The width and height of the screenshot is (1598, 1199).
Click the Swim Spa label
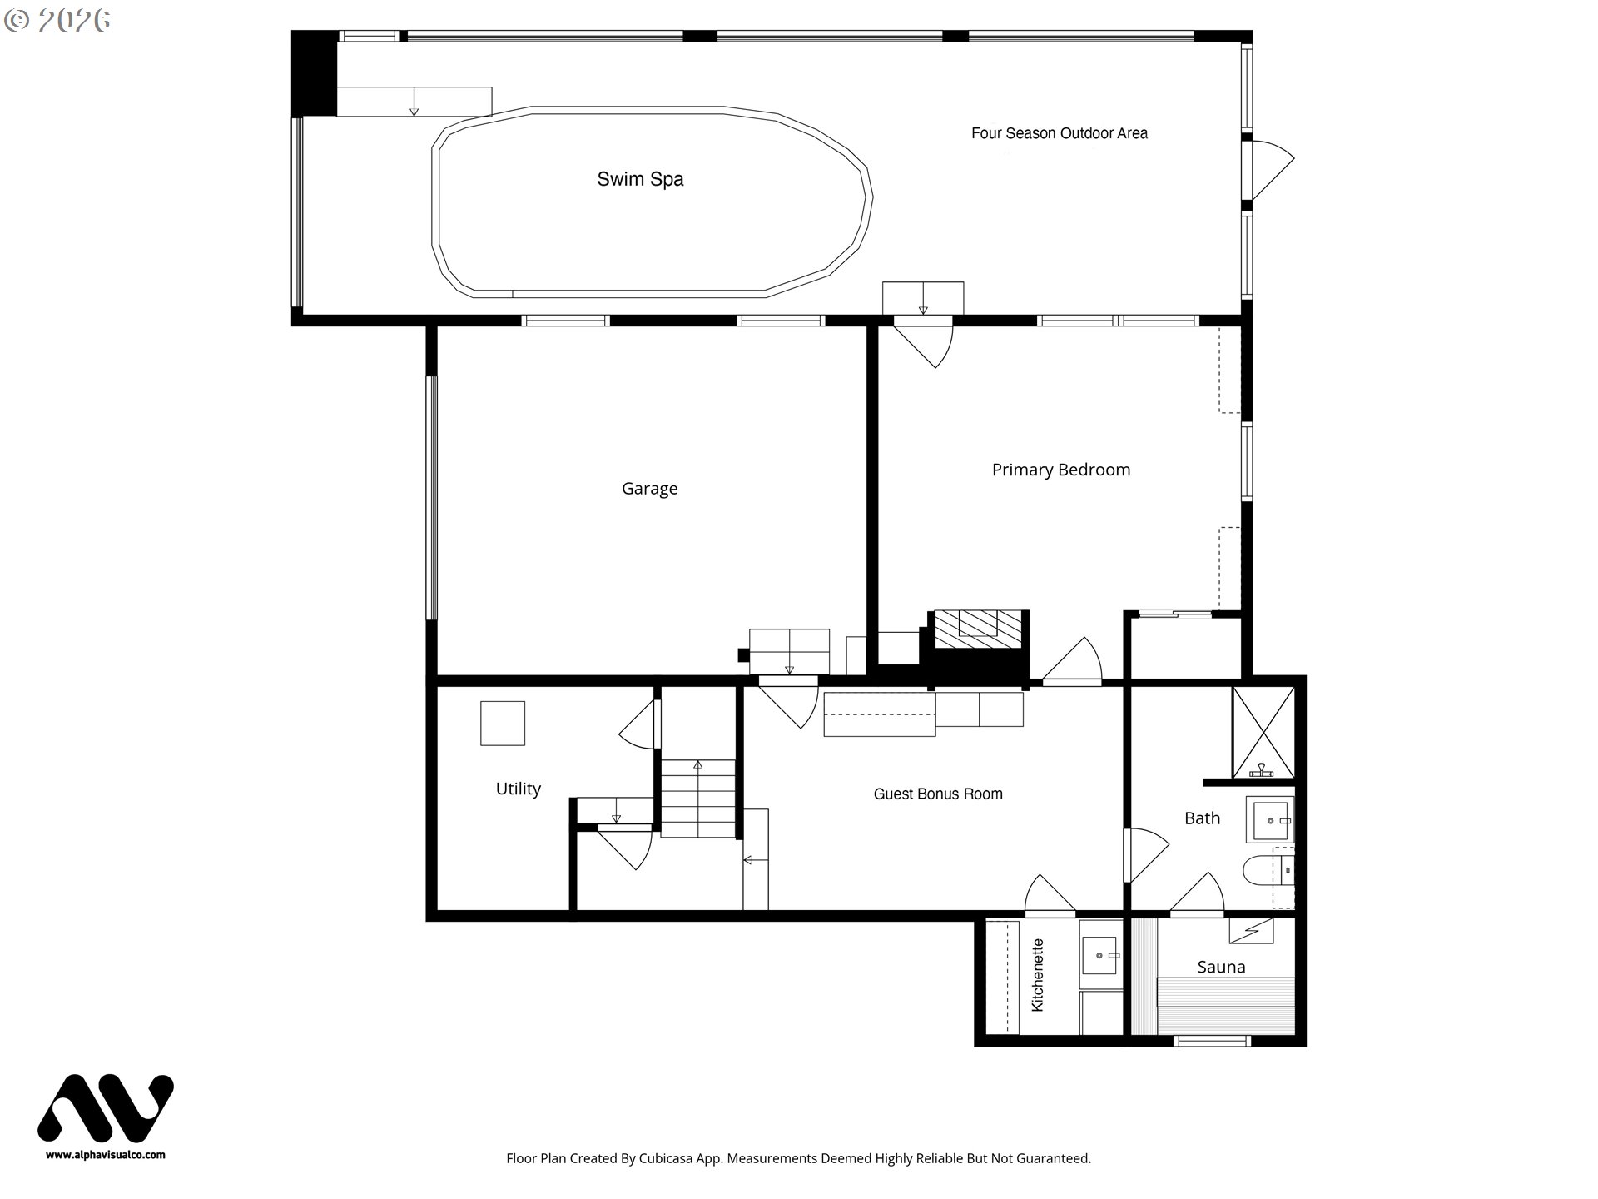640,179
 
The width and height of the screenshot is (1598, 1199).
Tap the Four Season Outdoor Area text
1059,133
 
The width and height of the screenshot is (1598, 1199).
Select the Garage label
649,489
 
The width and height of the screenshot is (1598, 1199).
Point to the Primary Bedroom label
1060,470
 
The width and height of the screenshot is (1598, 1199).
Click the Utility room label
518,789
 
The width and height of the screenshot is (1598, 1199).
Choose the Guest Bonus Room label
937,794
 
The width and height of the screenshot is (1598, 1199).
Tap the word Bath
1202,818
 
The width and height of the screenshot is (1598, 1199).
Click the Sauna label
1221,967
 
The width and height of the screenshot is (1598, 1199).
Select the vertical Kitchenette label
1037,975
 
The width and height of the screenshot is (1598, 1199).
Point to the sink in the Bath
1270,821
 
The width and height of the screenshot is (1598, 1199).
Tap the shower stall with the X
1263,732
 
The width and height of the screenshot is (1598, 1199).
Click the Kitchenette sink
1100,955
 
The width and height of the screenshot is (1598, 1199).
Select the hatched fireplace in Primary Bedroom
978,629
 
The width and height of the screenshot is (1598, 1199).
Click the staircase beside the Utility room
697,798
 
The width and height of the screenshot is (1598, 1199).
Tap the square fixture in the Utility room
503,723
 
